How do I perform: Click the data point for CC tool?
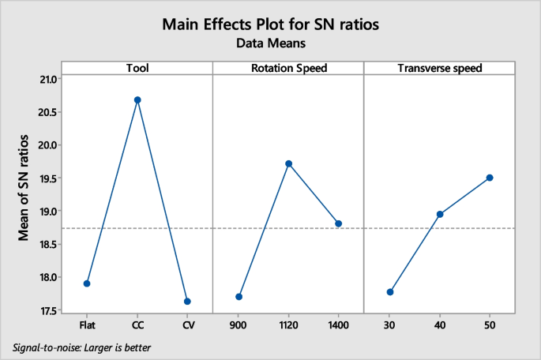137,100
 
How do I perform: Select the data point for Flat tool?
87,283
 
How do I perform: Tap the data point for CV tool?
187,302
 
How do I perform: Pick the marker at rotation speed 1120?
288,163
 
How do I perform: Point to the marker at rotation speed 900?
239,297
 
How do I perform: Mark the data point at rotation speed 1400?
339,223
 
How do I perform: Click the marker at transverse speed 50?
490,178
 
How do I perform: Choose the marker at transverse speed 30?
390,292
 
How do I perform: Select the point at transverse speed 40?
440,214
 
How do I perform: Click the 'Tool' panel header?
137,68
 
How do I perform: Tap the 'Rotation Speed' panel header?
288,68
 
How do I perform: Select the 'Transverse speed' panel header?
439,68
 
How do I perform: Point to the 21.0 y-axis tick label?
47,79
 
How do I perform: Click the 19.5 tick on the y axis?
47,178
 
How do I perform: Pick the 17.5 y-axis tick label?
47,310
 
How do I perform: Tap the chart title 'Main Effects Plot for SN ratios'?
270,24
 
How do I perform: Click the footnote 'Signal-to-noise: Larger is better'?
82,347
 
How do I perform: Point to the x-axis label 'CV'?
187,324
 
